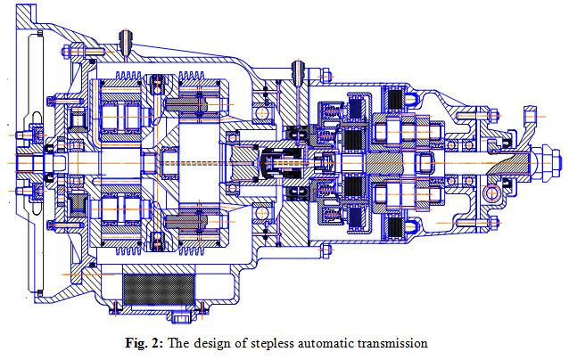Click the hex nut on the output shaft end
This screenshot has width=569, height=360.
coord(538,164)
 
